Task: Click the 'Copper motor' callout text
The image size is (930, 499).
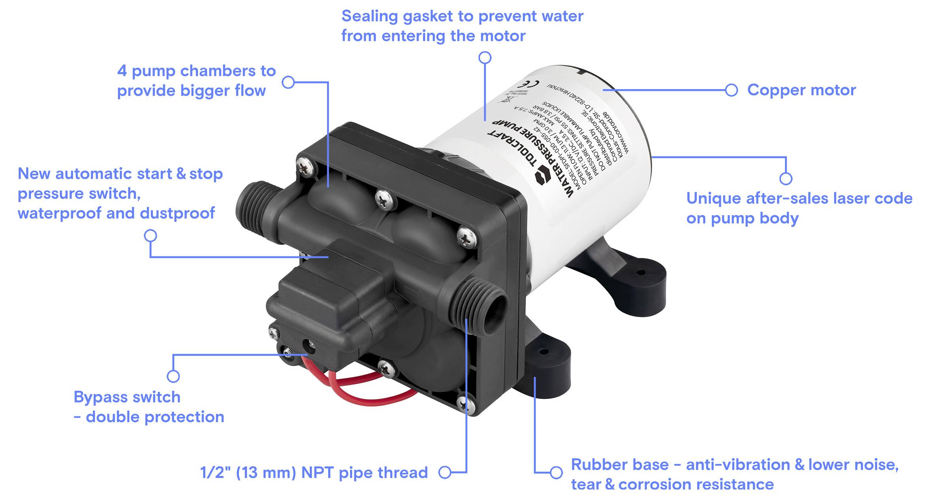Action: click(x=801, y=90)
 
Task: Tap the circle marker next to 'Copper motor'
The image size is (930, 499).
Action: click(x=731, y=90)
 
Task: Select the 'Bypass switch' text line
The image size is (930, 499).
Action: click(x=127, y=397)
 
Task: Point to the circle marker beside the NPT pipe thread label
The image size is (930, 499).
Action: click(x=445, y=472)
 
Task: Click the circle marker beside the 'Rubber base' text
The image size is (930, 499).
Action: click(x=556, y=472)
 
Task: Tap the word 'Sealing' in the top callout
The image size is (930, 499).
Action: click(x=369, y=16)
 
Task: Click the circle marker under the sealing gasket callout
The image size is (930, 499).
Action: click(x=485, y=58)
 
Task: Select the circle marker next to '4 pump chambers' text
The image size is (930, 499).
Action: click(x=288, y=82)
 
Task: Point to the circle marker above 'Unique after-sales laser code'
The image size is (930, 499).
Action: click(x=786, y=178)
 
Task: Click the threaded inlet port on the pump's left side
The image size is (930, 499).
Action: click(x=253, y=206)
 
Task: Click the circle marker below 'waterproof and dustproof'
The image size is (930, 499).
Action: click(x=150, y=236)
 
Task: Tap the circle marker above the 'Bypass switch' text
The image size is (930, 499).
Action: click(x=173, y=376)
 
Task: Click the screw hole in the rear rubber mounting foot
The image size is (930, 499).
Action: click(x=641, y=272)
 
